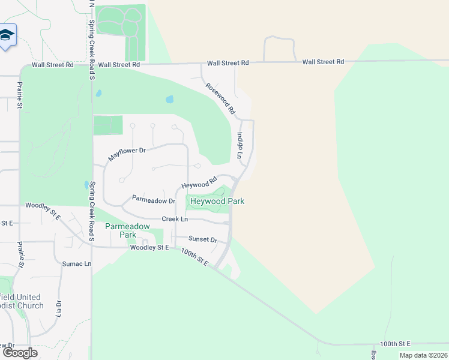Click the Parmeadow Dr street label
[x=153, y=199]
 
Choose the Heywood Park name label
[x=217, y=202]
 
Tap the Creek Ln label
[x=174, y=219]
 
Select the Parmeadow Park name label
[x=127, y=230]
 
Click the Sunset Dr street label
[x=202, y=239]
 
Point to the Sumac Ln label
[x=77, y=263]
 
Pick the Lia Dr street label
[x=59, y=308]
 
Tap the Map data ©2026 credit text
[x=423, y=355]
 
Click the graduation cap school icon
[x=7, y=36]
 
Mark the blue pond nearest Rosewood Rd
[x=169, y=99]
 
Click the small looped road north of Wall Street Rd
[x=279, y=48]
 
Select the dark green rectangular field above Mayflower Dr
[x=107, y=125]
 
